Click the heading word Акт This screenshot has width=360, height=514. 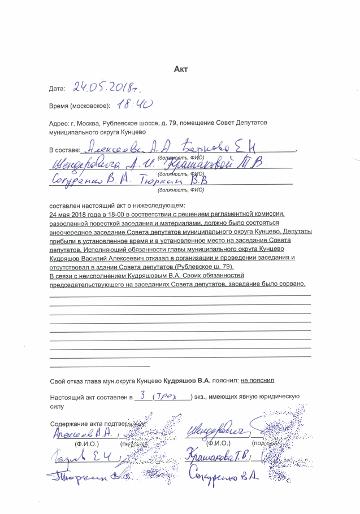[x=180, y=69]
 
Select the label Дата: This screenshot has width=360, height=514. [x=58, y=89]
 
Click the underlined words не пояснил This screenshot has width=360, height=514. [x=257, y=381]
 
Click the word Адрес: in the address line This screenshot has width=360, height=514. [x=59, y=123]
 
